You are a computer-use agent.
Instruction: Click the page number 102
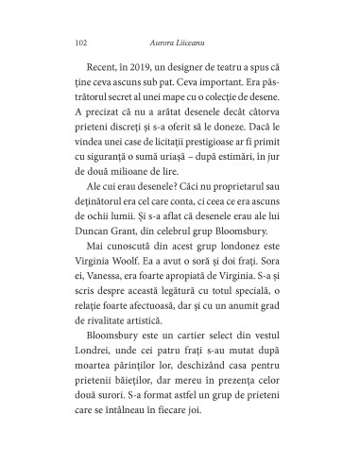tap(79, 42)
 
